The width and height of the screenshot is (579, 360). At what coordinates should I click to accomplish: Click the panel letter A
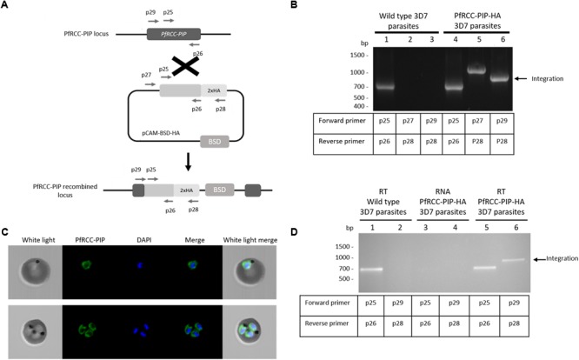[6, 6]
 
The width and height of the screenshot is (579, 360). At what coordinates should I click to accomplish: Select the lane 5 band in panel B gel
[476, 70]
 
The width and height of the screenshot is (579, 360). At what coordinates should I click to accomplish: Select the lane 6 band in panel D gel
[513, 260]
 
